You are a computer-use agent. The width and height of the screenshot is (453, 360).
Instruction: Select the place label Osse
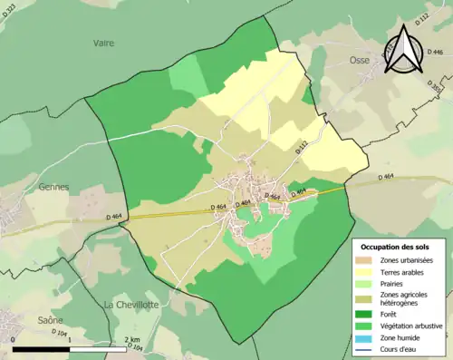(x=360, y=60)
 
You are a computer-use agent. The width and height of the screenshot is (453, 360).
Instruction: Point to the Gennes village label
(x=53, y=186)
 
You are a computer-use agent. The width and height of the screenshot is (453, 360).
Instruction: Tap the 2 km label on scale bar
(x=132, y=340)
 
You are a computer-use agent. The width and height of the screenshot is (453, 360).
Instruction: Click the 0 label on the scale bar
(x=14, y=340)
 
